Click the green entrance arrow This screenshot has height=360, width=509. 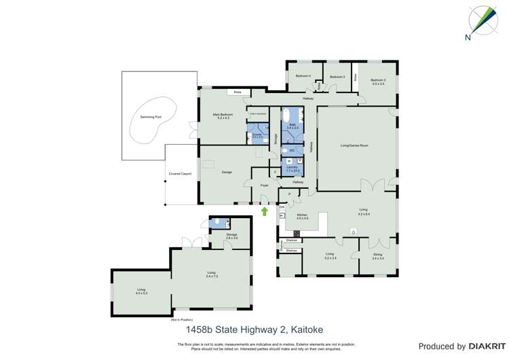(265, 211)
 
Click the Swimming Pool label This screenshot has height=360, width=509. (151, 117)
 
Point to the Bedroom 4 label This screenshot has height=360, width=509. (303, 76)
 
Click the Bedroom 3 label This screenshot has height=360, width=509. (337, 77)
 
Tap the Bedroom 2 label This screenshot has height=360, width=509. (378, 82)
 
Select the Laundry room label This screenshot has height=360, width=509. (293, 168)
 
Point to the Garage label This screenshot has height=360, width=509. (227, 172)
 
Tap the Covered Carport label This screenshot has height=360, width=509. (180, 174)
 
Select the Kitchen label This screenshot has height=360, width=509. (302, 216)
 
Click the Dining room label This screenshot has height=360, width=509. (378, 256)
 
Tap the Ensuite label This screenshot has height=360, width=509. (257, 136)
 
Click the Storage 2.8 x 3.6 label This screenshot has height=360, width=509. (232, 236)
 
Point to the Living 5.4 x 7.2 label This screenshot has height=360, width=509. (211, 274)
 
